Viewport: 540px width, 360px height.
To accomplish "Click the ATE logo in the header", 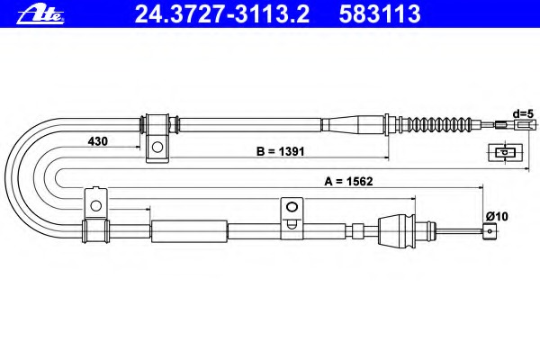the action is coord(40,15).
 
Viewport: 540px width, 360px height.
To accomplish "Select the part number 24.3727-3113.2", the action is coord(222,13).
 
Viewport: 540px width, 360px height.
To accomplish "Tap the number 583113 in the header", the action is coord(380,13).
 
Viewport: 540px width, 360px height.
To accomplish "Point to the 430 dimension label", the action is coord(98,141).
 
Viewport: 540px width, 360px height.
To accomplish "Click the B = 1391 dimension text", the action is coord(280,151).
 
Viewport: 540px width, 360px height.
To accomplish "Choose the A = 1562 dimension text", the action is coord(348,181).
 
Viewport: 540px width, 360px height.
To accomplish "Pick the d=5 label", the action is coord(523,113).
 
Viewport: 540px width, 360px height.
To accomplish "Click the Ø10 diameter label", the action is coord(497,216).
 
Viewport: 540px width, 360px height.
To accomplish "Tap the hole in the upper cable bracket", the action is coord(157,147).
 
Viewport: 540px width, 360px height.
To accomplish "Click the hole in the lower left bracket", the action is coord(95,206).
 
